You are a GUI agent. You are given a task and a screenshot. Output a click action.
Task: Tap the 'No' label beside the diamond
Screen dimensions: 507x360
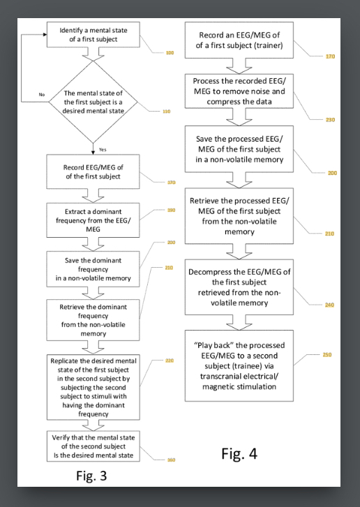pos(41,94)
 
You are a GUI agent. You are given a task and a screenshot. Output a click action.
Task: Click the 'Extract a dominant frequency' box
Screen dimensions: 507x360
pos(93,220)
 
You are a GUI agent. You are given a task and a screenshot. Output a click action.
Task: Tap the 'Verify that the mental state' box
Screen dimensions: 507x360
pos(93,446)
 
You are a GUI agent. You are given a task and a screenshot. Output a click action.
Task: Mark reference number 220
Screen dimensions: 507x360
pos(170,361)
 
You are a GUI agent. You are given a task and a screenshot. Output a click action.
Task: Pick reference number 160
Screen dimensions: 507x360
pos(171,460)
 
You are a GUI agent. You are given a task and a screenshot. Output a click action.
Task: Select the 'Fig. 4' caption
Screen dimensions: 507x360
pos(239,454)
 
